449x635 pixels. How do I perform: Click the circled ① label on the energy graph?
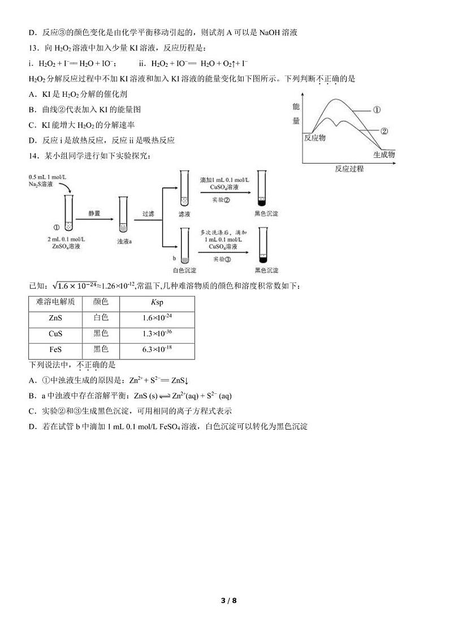[x=377, y=110]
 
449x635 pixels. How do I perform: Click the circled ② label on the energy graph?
[x=384, y=131]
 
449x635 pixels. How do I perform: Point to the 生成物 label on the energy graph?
[x=383, y=155]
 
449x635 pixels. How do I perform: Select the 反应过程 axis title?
[x=349, y=169]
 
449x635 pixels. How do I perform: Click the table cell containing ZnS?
[x=55, y=318]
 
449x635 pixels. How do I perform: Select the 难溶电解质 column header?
[x=55, y=302]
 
